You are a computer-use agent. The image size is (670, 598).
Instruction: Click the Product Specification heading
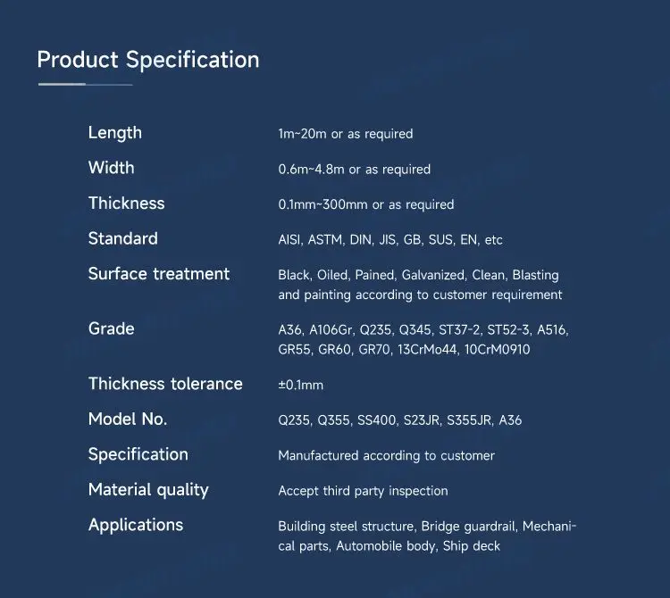148,60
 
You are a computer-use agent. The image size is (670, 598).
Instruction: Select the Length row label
114,133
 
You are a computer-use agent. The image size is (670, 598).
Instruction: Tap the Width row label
111,168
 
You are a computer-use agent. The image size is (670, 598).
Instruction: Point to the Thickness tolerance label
165,384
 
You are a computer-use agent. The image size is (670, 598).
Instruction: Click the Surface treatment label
159,274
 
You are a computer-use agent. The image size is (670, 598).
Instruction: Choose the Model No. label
128,419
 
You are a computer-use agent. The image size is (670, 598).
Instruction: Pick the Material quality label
148,490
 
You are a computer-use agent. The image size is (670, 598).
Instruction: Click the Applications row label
136,525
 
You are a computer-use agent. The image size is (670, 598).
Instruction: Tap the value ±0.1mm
300,386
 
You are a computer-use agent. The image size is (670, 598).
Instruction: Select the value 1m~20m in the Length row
303,134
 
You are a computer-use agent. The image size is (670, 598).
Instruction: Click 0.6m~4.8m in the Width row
311,170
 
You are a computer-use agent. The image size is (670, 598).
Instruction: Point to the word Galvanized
433,276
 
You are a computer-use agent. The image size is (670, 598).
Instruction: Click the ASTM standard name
327,240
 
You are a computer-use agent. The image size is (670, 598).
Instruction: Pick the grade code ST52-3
509,330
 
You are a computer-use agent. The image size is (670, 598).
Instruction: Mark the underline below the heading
85,84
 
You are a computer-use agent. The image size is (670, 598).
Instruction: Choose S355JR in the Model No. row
469,420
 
